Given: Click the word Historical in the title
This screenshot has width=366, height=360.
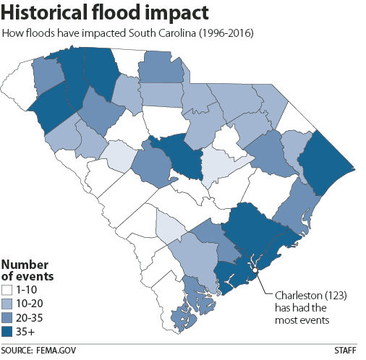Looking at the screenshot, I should click(x=51, y=13).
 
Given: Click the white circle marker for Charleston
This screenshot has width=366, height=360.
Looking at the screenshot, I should click(x=255, y=271).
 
